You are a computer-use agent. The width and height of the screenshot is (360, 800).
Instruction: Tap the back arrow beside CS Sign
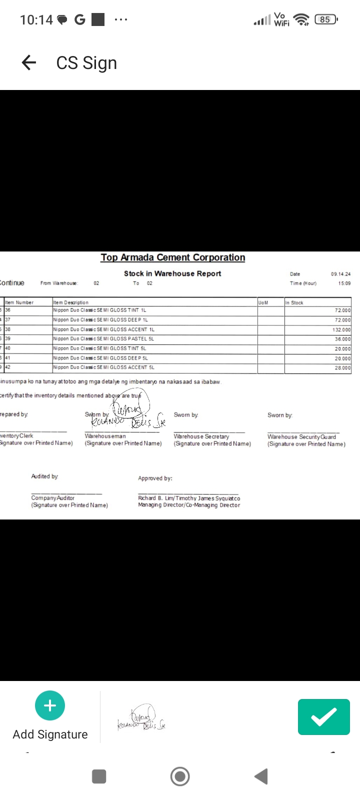pyautogui.click(x=29, y=62)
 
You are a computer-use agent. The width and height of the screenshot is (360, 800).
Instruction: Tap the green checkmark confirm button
pyautogui.click(x=323, y=716)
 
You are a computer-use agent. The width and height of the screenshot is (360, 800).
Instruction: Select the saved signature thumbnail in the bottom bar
pyautogui.click(x=141, y=718)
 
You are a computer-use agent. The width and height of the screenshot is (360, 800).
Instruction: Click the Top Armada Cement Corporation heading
pyautogui.click(x=172, y=257)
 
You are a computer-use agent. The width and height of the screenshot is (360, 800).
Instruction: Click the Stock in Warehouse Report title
pyautogui.click(x=172, y=273)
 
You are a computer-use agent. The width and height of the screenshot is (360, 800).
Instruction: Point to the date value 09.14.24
pyautogui.click(x=340, y=274)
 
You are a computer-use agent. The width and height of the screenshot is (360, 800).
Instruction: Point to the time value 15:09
pyautogui.click(x=344, y=283)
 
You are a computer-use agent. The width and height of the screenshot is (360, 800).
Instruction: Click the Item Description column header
pyautogui.click(x=70, y=302)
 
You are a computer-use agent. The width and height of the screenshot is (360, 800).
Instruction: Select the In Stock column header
pyautogui.click(x=294, y=302)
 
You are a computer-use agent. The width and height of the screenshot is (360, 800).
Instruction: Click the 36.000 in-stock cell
pyautogui.click(x=342, y=339)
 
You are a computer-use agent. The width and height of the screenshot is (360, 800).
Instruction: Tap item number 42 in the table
pyautogui.click(x=8, y=367)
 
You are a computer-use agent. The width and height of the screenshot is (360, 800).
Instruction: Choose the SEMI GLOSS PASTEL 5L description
pyautogui.click(x=103, y=339)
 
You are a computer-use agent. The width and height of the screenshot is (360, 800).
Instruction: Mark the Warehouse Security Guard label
pyautogui.click(x=301, y=437)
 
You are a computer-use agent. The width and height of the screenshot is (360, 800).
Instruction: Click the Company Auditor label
pyautogui.click(x=52, y=498)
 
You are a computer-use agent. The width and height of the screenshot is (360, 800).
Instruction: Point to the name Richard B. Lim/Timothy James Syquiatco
pyautogui.click(x=189, y=498)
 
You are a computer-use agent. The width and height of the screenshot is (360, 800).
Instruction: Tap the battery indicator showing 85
pyautogui.click(x=325, y=19)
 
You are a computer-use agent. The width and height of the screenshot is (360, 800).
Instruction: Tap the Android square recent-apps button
pyautogui.click(x=99, y=776)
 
